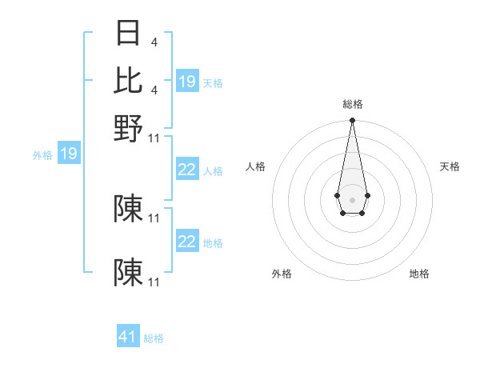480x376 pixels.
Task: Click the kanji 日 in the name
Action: [129, 33]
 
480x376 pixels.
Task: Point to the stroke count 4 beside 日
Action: [154, 42]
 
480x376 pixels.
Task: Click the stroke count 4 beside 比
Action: [154, 90]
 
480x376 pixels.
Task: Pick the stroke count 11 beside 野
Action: [154, 138]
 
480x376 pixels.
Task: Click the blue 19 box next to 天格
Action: [187, 82]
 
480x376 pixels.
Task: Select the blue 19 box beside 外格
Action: [69, 154]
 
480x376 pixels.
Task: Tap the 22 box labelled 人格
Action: [187, 170]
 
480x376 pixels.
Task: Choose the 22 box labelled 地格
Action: [187, 242]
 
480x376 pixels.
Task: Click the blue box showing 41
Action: [128, 337]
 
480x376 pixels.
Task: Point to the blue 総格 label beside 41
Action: [154, 338]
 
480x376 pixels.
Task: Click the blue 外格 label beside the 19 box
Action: [42, 155]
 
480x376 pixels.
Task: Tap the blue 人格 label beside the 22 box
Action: [213, 171]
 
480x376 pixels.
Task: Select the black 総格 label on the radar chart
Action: [352, 104]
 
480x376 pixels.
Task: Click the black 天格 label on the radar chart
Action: [450, 166]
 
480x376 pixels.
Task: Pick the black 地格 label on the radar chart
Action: [419, 274]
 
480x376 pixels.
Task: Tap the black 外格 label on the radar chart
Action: [282, 274]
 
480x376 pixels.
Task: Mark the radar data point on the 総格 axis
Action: [352, 121]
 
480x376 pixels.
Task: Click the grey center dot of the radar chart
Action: [352, 198]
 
